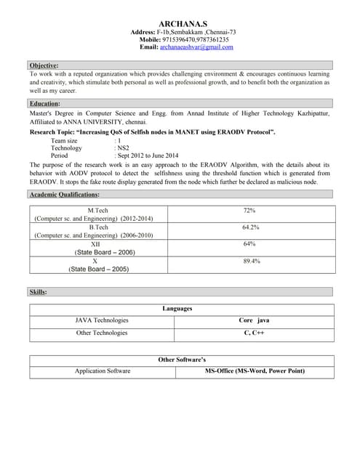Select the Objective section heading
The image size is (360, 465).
(x=44, y=65)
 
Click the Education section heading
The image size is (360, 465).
(x=44, y=104)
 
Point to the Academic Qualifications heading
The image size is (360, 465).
(x=64, y=195)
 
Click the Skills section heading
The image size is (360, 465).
(x=38, y=291)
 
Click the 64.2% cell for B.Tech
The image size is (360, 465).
(x=250, y=227)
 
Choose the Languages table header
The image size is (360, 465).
(x=177, y=309)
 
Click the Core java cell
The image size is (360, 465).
(x=254, y=320)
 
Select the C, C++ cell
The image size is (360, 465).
(x=254, y=333)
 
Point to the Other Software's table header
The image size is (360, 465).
(x=182, y=360)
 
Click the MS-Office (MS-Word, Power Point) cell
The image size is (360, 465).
(x=255, y=371)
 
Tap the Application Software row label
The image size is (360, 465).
(x=103, y=371)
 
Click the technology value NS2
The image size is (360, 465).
(x=123, y=147)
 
